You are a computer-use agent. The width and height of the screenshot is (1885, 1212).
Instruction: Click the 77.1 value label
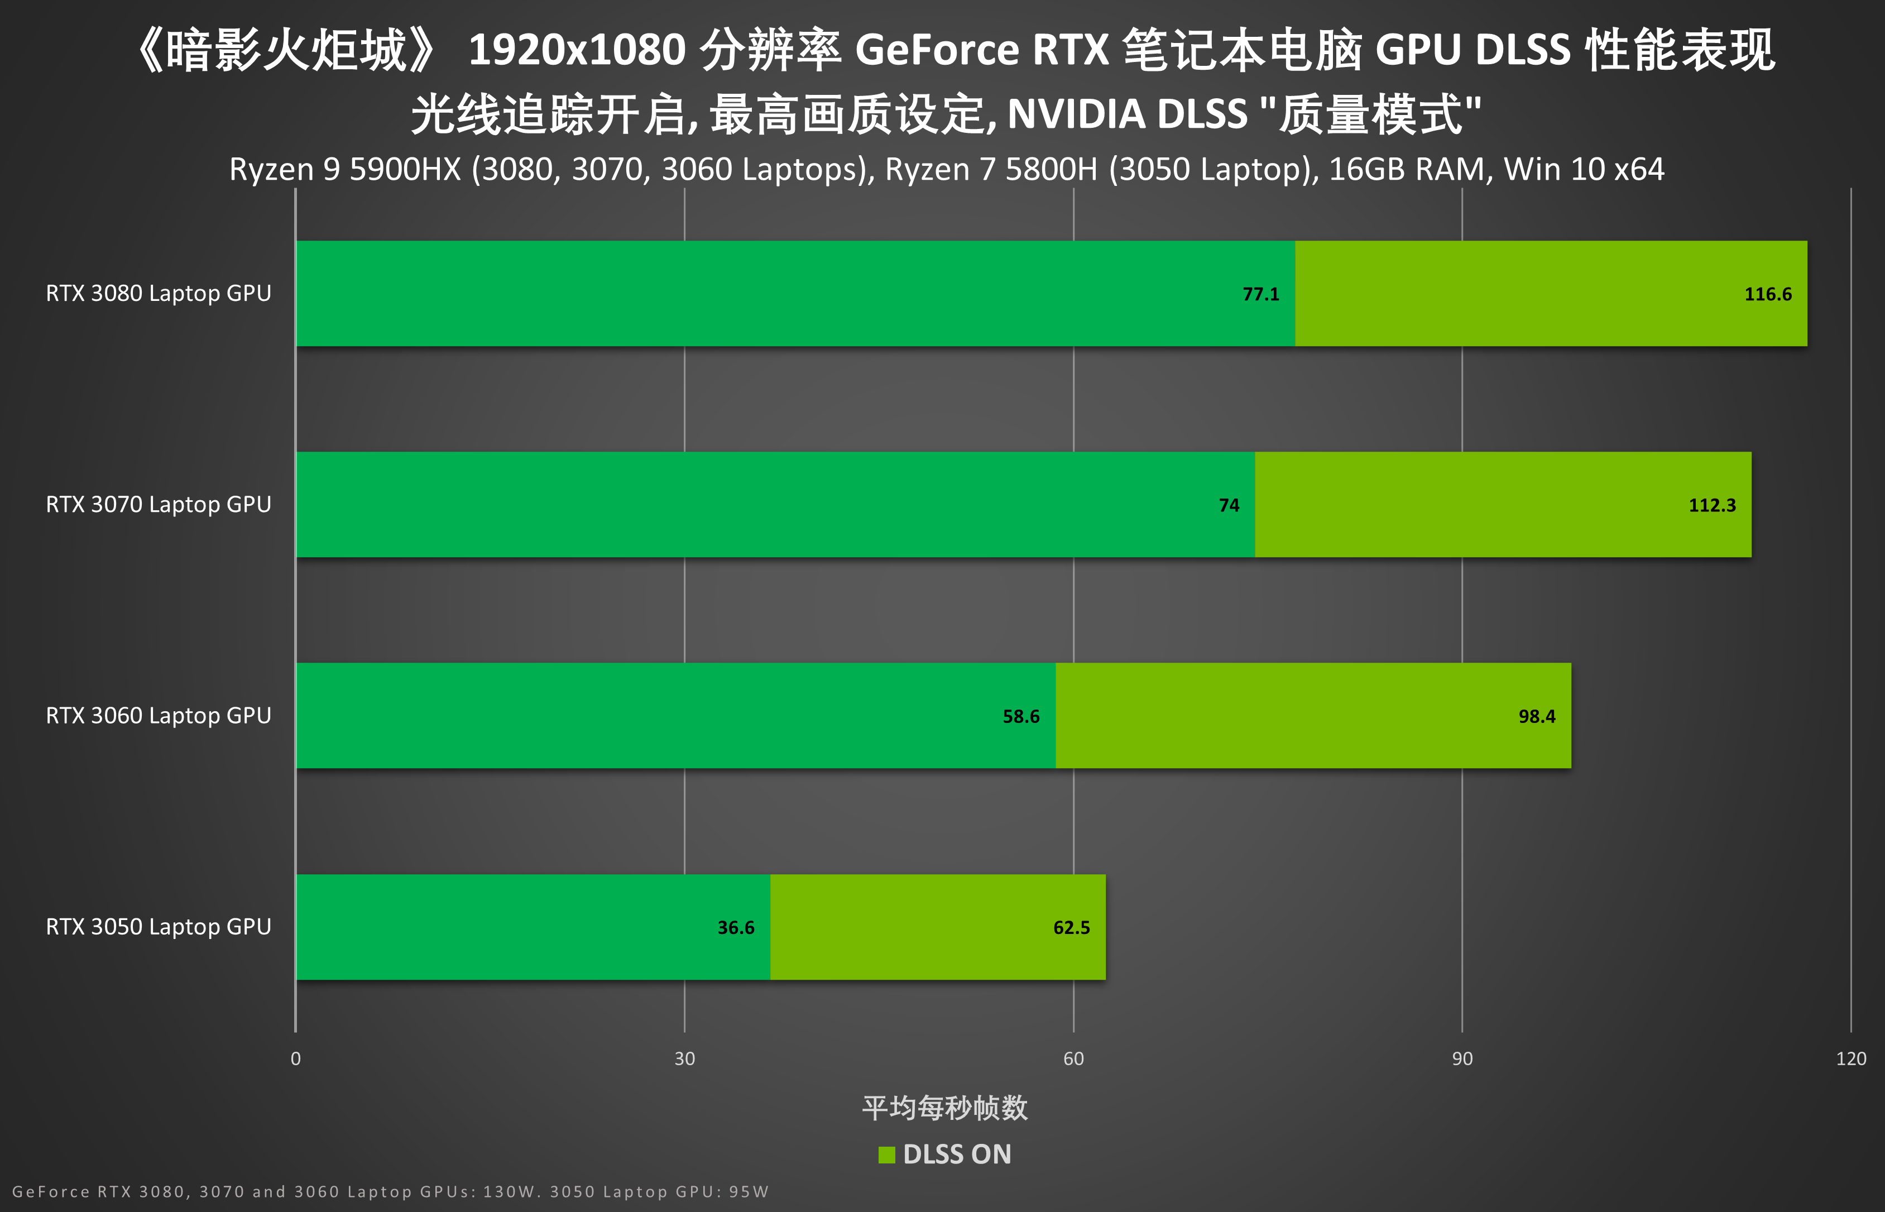pyautogui.click(x=1260, y=294)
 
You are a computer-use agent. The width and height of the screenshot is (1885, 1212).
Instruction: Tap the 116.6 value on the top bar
pyautogui.click(x=1768, y=294)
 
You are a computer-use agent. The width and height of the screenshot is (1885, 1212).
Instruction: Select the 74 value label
pyautogui.click(x=1229, y=505)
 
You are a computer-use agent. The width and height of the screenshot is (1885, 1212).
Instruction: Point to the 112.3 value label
pyautogui.click(x=1712, y=505)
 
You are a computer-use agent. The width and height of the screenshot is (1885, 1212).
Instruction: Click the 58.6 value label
pyautogui.click(x=1020, y=716)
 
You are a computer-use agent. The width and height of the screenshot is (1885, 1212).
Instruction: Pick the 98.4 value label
pyautogui.click(x=1537, y=716)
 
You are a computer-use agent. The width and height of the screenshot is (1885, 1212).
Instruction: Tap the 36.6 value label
pyautogui.click(x=736, y=928)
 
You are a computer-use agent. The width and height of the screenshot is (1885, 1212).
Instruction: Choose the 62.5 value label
pyautogui.click(x=1072, y=928)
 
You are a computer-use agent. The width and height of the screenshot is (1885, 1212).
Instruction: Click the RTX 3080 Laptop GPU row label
pyautogui.click(x=158, y=294)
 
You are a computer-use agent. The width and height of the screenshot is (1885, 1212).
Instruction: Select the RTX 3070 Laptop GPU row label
pyautogui.click(x=158, y=505)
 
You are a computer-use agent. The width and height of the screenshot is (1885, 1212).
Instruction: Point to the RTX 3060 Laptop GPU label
pyautogui.click(x=158, y=715)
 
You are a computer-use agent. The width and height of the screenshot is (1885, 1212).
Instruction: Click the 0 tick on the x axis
pyautogui.click(x=296, y=1058)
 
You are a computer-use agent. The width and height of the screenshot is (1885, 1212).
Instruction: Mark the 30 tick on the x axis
pyautogui.click(x=684, y=1058)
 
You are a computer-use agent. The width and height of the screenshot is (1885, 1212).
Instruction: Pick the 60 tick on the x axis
pyautogui.click(x=1073, y=1058)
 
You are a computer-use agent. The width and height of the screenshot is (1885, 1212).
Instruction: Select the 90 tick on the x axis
pyautogui.click(x=1462, y=1058)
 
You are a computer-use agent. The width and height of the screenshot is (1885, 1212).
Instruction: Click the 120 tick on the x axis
pyautogui.click(x=1850, y=1058)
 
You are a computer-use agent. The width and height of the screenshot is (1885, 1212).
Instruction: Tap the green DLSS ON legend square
pyautogui.click(x=886, y=1154)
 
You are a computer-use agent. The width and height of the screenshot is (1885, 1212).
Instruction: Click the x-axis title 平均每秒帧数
pyautogui.click(x=945, y=1108)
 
